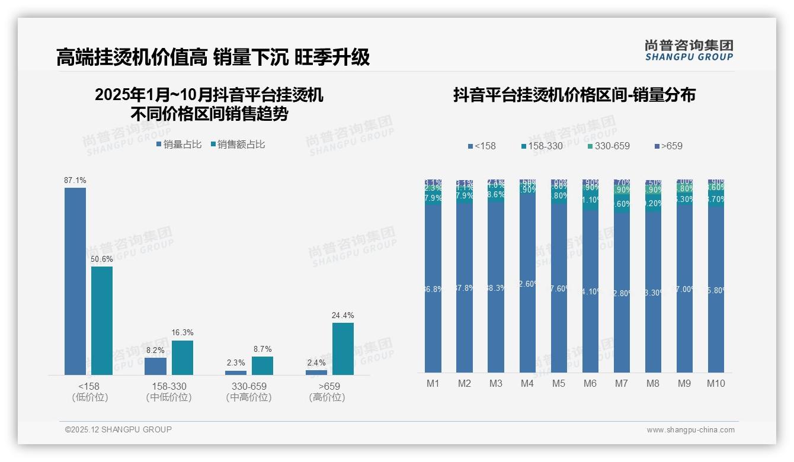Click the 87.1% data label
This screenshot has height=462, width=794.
coord(75,180)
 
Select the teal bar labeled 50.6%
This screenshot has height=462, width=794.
coord(102,320)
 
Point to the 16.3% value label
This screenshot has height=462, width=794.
coord(183,332)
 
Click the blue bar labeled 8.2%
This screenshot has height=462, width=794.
coord(155,366)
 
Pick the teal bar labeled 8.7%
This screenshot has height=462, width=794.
coord(262,365)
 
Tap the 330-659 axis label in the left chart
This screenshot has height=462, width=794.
coord(249,386)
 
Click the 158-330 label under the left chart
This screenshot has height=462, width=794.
coord(168,386)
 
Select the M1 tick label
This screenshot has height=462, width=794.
coord(433,383)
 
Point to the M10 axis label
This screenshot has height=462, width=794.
coord(716,383)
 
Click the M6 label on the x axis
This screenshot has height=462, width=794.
coord(590,383)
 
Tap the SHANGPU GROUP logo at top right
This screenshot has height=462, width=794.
coord(689,50)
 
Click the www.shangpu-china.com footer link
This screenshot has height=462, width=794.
coord(690,430)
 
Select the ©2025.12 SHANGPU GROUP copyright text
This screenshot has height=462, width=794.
coord(119,429)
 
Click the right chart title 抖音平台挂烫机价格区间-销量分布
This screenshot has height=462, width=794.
coord(574,95)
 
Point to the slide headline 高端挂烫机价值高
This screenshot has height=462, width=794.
coord(132,57)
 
